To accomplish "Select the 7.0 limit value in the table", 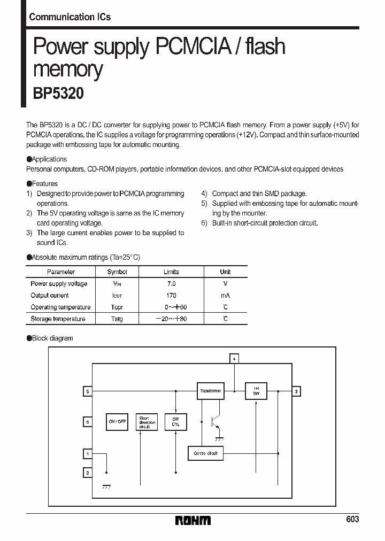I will (x=171, y=284).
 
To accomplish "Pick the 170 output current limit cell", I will (x=171, y=296).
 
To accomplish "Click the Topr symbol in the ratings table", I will (x=117, y=307).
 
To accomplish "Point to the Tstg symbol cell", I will (x=117, y=319).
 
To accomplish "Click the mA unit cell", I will (x=225, y=296).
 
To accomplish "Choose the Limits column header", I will (x=171, y=272).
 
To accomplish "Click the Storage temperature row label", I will (x=58, y=319).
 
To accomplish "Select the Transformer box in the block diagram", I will (x=210, y=391).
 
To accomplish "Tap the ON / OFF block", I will (x=117, y=422).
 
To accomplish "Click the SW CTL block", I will (x=175, y=422).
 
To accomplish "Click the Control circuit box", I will (x=205, y=453).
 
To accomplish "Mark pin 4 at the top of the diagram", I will (x=234, y=358).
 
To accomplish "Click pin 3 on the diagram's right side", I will (x=297, y=391).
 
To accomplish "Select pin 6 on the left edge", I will (x=88, y=422).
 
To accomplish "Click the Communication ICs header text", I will (x=70, y=17).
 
